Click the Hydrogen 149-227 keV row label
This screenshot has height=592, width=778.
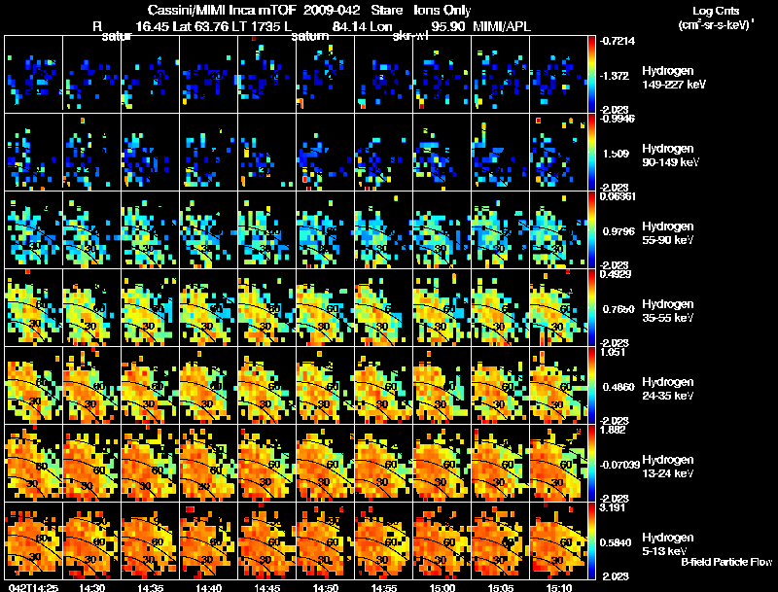click(668, 78)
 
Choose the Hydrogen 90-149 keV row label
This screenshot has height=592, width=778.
click(668, 156)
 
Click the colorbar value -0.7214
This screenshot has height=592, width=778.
click(619, 42)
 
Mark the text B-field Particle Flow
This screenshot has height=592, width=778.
click(726, 562)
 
